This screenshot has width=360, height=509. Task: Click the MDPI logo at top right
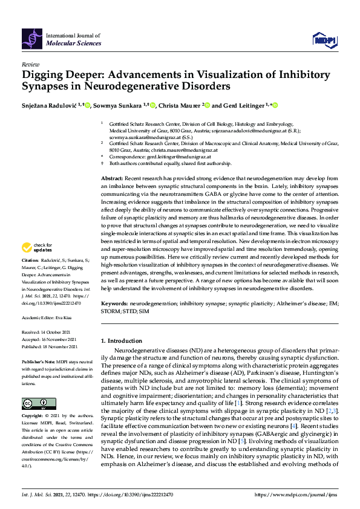point(323,39)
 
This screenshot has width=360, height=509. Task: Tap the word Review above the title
point(30,64)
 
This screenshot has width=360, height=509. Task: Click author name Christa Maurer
point(179,105)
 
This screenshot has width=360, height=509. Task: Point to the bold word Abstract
point(112,179)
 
